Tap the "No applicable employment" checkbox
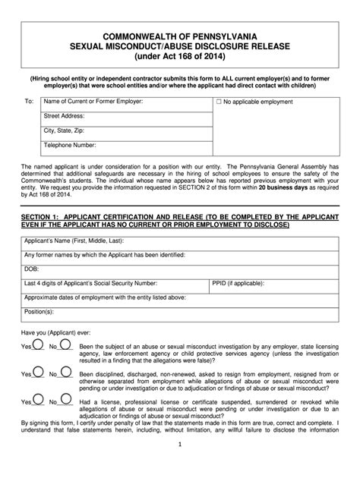(219, 101)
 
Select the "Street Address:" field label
(64, 116)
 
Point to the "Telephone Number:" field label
(70, 144)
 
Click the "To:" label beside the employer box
(30, 102)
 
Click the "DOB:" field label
(32, 269)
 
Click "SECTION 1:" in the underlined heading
(46, 216)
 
